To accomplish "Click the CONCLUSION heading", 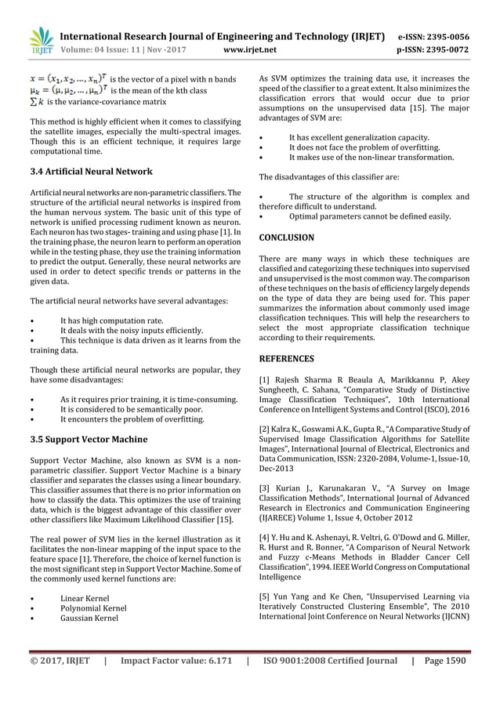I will tap(287, 237).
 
